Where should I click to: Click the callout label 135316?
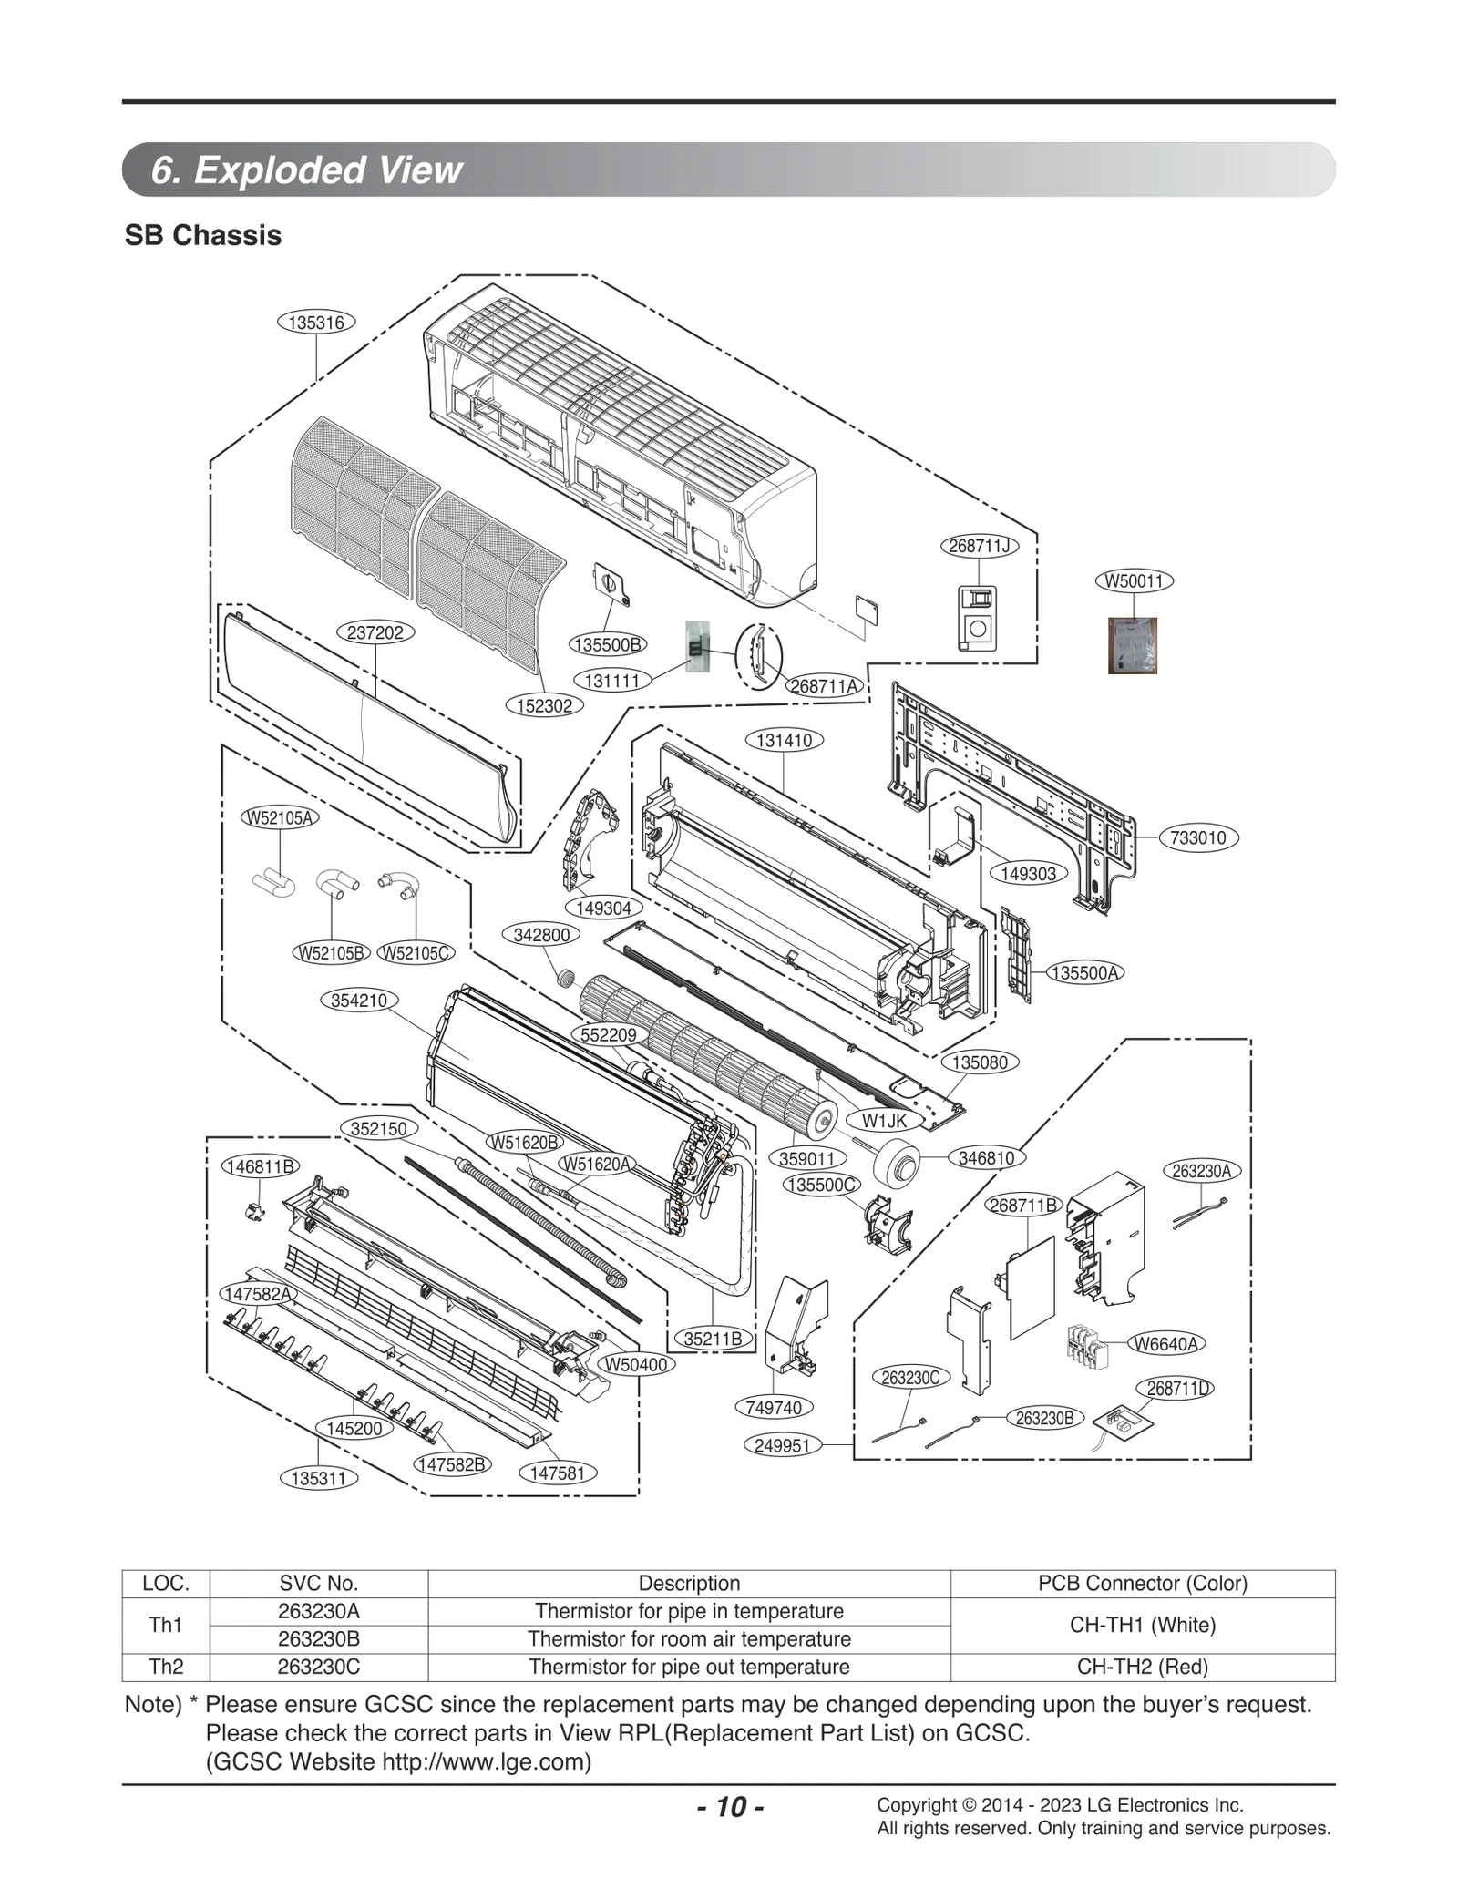(x=315, y=323)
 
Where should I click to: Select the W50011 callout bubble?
(x=1134, y=580)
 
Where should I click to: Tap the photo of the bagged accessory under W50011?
(x=1132, y=645)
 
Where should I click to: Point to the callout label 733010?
(x=1198, y=837)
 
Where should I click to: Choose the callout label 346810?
(x=986, y=1158)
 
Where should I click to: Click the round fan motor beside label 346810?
(x=897, y=1164)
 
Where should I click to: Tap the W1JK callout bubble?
(x=884, y=1121)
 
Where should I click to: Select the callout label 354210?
(x=359, y=1001)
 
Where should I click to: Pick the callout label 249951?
(x=783, y=1446)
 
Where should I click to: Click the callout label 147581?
(x=557, y=1473)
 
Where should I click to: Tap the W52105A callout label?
(x=280, y=817)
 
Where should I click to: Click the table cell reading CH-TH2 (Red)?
(x=1142, y=1667)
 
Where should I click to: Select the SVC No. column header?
(x=318, y=1583)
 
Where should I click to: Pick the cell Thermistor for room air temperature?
(x=689, y=1638)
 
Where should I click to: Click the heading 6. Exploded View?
(x=307, y=170)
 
